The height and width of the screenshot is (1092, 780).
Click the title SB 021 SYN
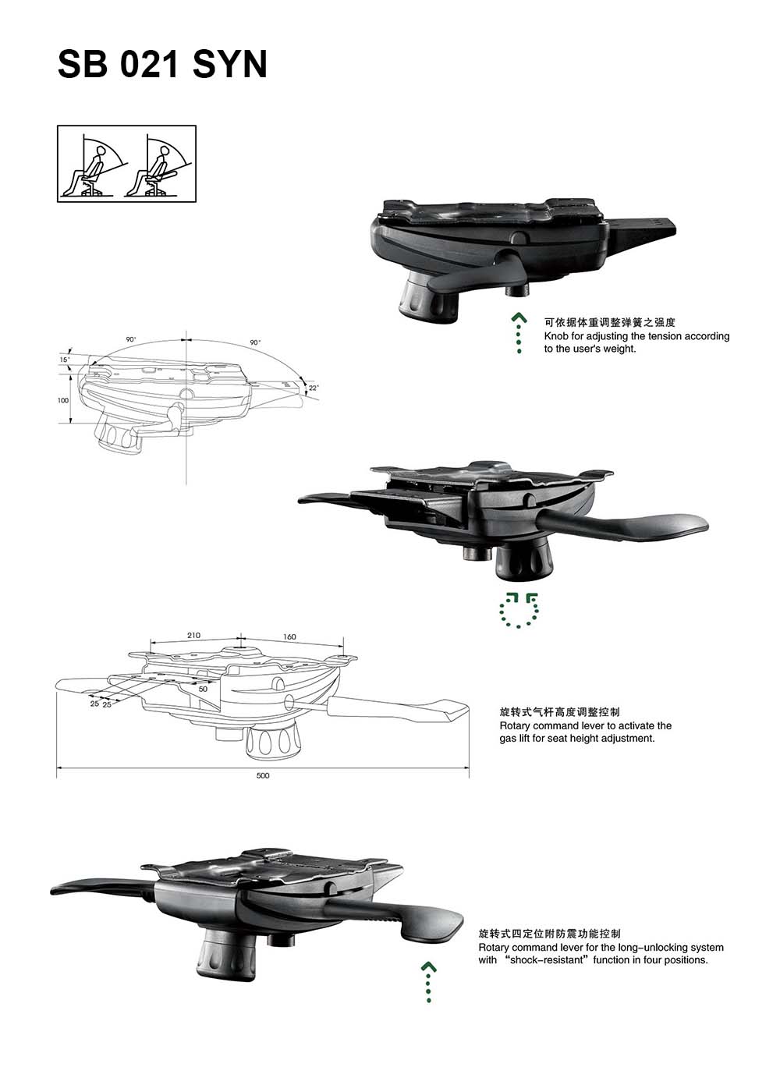pyautogui.click(x=162, y=64)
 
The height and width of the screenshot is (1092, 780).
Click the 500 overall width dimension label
pyautogui.click(x=262, y=775)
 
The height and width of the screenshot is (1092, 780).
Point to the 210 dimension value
pyautogui.click(x=193, y=635)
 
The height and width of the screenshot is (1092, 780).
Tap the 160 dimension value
pyautogui.click(x=289, y=636)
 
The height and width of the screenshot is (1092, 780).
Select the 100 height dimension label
pyautogui.click(x=63, y=400)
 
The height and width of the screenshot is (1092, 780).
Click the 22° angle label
pyautogui.click(x=314, y=388)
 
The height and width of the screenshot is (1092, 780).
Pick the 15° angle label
pyautogui.click(x=64, y=360)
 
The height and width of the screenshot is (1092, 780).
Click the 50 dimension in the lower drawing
pyautogui.click(x=203, y=689)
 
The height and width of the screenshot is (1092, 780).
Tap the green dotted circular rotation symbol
pyautogui.click(x=519, y=610)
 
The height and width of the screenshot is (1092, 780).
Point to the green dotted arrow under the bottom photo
pyautogui.click(x=428, y=981)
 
